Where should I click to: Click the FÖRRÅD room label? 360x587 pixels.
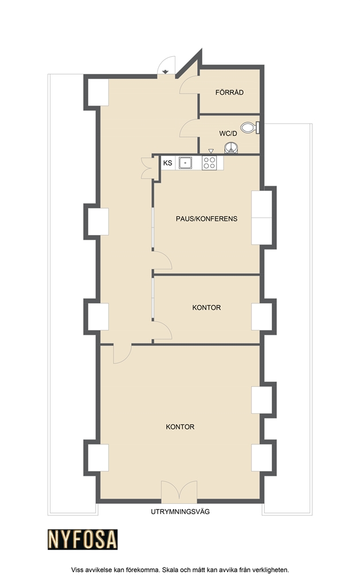229,92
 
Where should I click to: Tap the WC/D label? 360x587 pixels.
228,133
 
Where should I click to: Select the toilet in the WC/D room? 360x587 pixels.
250,128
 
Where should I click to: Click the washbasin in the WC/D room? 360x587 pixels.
231,148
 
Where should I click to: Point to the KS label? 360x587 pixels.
167,163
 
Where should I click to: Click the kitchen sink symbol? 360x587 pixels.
185,163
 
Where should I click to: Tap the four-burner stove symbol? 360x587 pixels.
209,163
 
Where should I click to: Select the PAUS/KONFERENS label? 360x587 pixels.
206,218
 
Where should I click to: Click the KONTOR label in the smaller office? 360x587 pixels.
206,307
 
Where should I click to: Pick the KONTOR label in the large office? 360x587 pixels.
180,426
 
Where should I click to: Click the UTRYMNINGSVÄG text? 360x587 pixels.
181,511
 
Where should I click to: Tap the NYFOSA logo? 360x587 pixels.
83,539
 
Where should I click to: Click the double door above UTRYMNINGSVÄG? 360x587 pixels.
179,491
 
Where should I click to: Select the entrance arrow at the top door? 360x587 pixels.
166,71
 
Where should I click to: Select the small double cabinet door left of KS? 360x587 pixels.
147,168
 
